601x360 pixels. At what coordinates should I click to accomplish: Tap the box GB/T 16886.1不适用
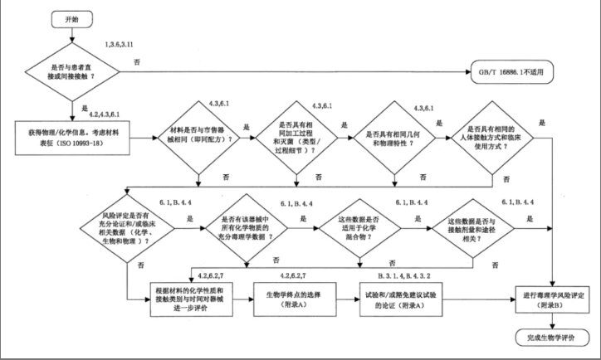[x=518, y=71]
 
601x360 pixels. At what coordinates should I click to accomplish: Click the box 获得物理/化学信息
[x=72, y=133]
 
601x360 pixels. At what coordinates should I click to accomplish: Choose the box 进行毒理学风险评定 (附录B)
[x=551, y=297]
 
